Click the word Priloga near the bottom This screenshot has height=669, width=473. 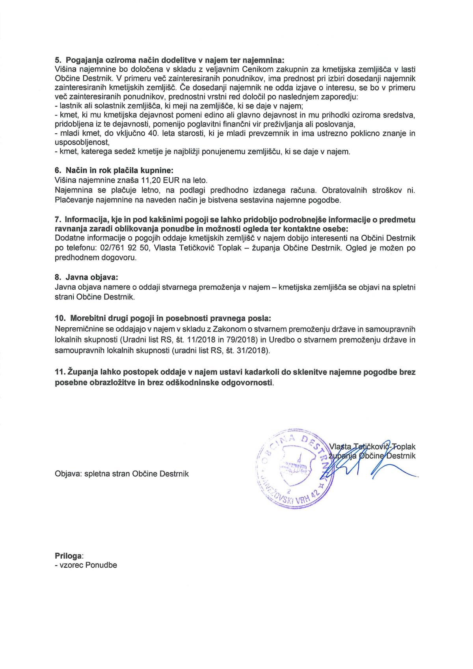point(69,555)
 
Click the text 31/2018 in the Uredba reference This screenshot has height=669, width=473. point(253,350)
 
